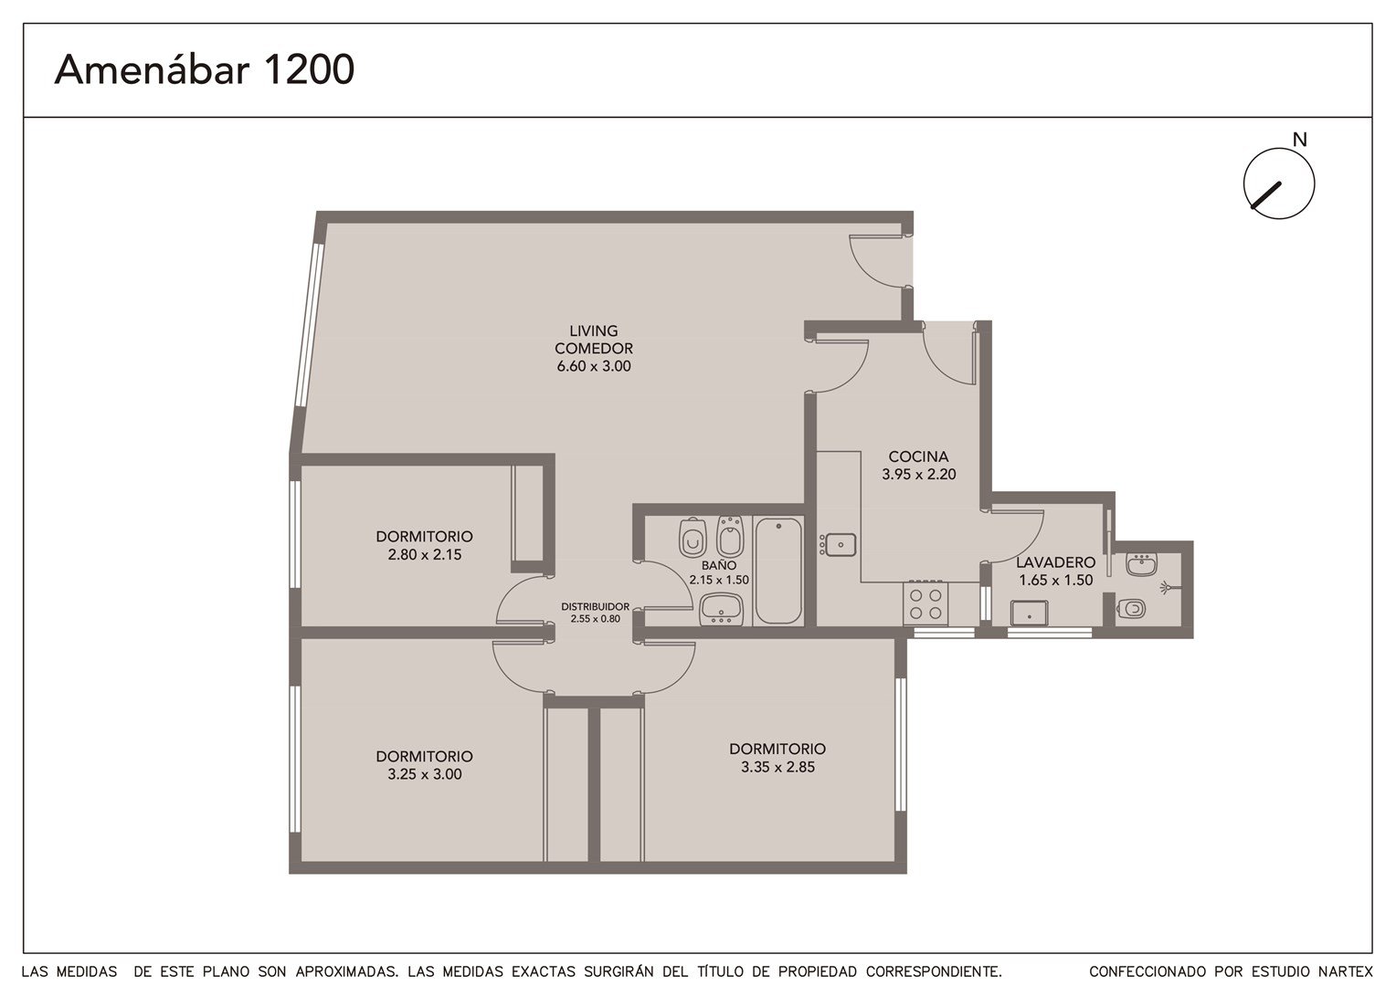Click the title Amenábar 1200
(x=205, y=68)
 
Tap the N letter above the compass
(x=1299, y=141)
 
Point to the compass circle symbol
(x=1279, y=184)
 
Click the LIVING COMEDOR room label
(x=593, y=340)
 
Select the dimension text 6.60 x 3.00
(x=594, y=366)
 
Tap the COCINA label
(x=918, y=456)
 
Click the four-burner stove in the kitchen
(x=925, y=603)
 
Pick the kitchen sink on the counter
(x=838, y=545)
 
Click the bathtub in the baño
(x=778, y=571)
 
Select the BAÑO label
(x=719, y=565)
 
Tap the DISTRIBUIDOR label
(x=595, y=607)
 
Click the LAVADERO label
(x=1056, y=562)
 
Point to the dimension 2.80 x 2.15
(x=425, y=554)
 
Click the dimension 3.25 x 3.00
(x=425, y=774)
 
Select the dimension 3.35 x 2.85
(x=777, y=767)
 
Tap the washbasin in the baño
(x=721, y=609)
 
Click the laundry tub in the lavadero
(x=1029, y=613)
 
